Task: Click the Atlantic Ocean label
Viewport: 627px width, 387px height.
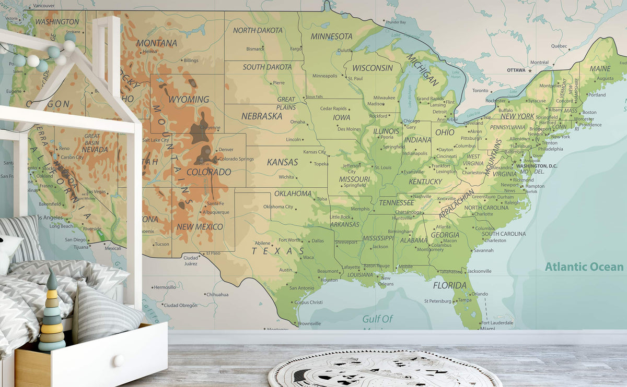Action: click(584, 267)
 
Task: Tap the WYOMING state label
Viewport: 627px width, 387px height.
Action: click(188, 99)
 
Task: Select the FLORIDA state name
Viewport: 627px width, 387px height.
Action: click(449, 285)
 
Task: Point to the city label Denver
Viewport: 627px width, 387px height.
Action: click(226, 150)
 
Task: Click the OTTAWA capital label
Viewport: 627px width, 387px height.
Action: click(516, 70)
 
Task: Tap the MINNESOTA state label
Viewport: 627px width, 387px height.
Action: click(331, 37)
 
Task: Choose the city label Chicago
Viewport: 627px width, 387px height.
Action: click(411, 121)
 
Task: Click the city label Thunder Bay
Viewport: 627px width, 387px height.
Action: click(396, 22)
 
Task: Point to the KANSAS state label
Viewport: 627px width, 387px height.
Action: click(282, 162)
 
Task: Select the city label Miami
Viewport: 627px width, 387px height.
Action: click(487, 329)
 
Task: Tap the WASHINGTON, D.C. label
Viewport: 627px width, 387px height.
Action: click(537, 166)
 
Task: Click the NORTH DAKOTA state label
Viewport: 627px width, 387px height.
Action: click(258, 30)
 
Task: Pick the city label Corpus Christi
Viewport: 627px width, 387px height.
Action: click(308, 303)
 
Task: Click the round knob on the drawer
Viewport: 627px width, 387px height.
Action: click(119, 360)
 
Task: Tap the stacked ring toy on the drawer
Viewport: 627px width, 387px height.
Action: click(52, 313)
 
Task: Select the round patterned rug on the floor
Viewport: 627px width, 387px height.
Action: click(385, 369)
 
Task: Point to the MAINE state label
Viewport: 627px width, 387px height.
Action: click(599, 69)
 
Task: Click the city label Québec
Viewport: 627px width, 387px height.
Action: click(559, 46)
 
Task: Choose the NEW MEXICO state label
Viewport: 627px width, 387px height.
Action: click(200, 227)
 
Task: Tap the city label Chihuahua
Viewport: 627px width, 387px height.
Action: click(217, 295)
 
